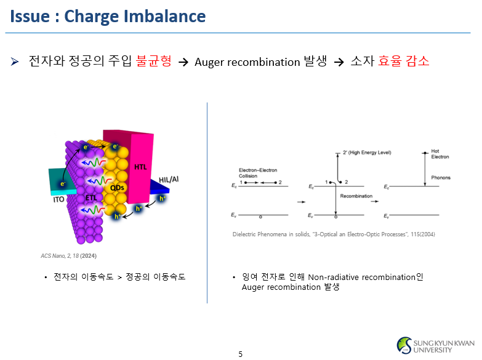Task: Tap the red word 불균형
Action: click(154, 62)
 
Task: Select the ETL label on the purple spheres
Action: click(90, 197)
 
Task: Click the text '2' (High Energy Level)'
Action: click(367, 153)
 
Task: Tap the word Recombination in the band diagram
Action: click(356, 196)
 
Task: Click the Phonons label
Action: click(440, 178)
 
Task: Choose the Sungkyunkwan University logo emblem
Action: click(404, 345)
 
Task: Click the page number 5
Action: click(241, 354)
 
